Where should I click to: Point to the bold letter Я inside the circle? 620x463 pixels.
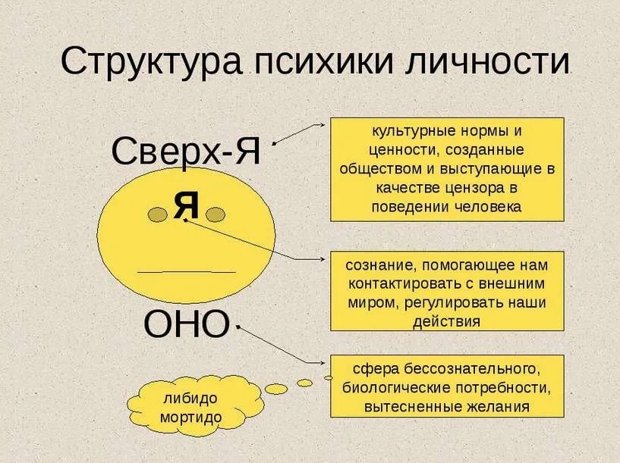185,205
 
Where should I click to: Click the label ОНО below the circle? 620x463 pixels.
186,325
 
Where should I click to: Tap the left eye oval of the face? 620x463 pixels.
158,216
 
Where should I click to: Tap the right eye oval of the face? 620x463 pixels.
215,216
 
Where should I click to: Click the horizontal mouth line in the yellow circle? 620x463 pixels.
187,271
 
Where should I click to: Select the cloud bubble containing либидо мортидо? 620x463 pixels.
190,408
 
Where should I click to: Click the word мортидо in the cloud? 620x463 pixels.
190,418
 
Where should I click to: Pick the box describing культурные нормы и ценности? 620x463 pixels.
447,169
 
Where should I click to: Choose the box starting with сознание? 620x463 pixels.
447,291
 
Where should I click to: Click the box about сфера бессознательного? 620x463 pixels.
447,386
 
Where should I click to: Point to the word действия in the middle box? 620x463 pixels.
447,321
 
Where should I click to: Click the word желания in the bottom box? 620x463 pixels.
495,406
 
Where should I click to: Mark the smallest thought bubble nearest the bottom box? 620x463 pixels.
328,377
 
